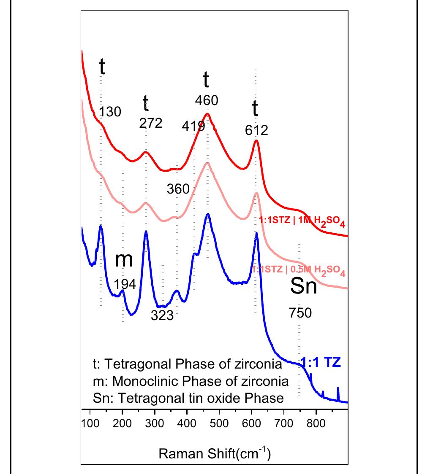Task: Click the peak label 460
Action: [x=207, y=100]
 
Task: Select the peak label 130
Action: [x=110, y=112]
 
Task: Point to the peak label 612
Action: [x=256, y=130]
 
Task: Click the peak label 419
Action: [x=193, y=126]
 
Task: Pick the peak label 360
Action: [x=178, y=189]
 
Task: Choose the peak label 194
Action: [x=125, y=284]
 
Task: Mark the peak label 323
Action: [x=162, y=315]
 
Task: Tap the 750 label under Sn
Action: [x=300, y=313]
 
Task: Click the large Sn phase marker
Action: [x=303, y=287]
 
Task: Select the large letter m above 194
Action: [x=124, y=260]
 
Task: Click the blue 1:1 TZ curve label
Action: [x=321, y=362]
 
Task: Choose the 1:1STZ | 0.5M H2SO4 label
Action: [x=299, y=271]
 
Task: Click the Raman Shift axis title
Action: [x=214, y=454]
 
